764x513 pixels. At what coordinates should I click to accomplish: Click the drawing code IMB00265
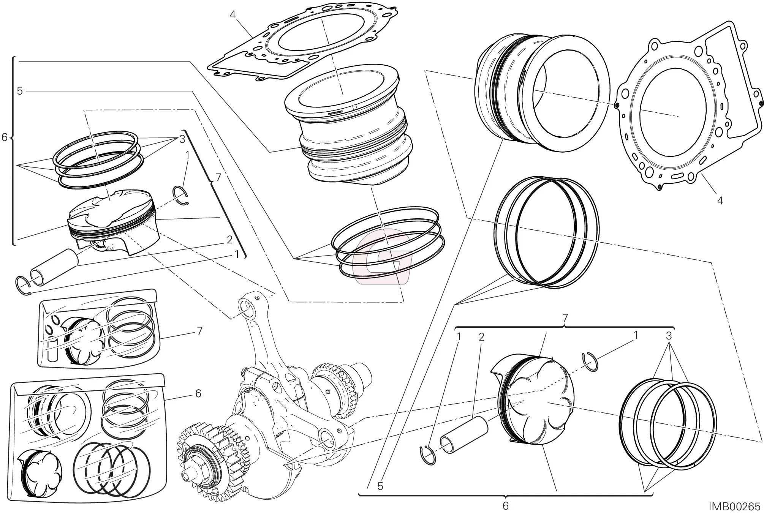pos(734,507)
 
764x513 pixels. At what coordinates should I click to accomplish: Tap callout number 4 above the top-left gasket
pos(233,15)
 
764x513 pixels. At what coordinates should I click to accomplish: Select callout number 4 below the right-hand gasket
pos(720,200)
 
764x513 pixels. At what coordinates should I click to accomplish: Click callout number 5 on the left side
pos(20,91)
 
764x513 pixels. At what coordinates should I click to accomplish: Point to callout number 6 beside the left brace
pos(5,137)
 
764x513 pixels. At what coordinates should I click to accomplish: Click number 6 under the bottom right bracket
pos(505,506)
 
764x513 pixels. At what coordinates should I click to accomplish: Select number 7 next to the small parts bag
pos(200,331)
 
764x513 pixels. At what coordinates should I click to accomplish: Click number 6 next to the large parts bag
pos(198,394)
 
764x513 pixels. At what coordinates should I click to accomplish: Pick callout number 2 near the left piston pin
pos(229,240)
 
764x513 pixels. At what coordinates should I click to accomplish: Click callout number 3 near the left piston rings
pos(182,139)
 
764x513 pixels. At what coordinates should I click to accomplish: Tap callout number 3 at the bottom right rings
pos(669,336)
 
